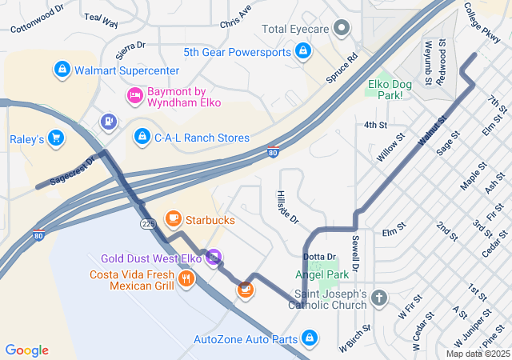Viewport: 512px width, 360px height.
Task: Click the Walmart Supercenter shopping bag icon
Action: pos(62,70)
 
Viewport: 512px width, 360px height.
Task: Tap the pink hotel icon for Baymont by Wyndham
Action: pos(135,96)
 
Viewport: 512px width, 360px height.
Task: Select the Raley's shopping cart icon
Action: pos(55,139)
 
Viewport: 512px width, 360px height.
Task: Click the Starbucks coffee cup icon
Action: pos(173,218)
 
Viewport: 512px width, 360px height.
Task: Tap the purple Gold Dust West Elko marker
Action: pos(213,258)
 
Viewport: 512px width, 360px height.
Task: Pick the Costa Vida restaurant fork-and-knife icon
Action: pos(187,279)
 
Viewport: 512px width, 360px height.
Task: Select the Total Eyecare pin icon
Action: pos(342,30)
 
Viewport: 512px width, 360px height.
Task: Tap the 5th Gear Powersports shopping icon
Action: pos(303,53)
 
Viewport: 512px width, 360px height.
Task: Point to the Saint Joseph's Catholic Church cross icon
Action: pos(379,298)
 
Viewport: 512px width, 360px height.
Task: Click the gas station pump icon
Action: pos(107,122)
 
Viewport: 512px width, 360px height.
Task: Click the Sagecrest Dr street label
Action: pos(71,170)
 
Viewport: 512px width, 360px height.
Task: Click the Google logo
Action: pos(27,350)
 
